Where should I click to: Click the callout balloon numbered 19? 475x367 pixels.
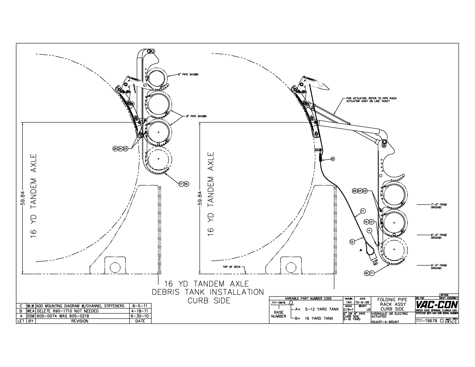point(333,159)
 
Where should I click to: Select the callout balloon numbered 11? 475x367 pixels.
point(363,211)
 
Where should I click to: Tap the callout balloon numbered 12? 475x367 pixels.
point(352,242)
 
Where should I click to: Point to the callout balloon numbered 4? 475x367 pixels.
point(370,230)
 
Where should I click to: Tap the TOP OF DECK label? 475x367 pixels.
point(231,267)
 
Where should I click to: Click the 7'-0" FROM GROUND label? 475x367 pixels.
point(438,206)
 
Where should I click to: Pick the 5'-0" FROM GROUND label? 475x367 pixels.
point(438,267)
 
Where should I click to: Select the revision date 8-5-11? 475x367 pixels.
point(140,306)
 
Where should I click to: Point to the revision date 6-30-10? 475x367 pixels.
point(140,316)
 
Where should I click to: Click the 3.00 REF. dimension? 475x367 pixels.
point(375,262)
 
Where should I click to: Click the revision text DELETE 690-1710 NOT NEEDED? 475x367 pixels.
point(67,311)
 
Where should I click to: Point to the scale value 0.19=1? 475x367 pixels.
point(349,309)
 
